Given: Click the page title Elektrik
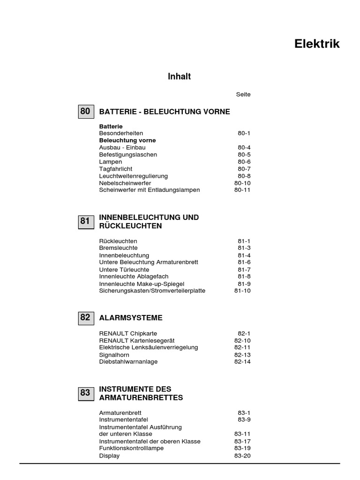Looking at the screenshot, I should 317,44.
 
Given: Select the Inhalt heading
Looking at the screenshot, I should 179,76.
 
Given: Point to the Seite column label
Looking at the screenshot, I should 243,94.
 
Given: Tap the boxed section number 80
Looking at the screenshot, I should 85,112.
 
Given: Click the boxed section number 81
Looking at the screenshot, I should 85,221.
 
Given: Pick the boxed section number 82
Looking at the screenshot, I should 85,317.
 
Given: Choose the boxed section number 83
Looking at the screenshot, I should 85,393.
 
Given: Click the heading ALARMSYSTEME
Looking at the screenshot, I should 131,318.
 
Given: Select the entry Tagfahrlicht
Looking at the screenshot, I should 116,169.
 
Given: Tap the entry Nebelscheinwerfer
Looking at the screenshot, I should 125,183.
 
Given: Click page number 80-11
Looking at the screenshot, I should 242,190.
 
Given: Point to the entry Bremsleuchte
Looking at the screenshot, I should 119,248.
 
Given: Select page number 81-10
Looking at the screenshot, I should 242,291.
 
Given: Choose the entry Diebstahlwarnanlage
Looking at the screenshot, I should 128,362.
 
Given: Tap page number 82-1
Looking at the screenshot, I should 244,333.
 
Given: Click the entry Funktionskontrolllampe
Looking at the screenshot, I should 132,449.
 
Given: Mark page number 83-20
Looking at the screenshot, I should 242,456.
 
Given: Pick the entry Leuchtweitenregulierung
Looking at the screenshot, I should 134,176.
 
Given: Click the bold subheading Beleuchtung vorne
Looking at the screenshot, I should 127,140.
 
